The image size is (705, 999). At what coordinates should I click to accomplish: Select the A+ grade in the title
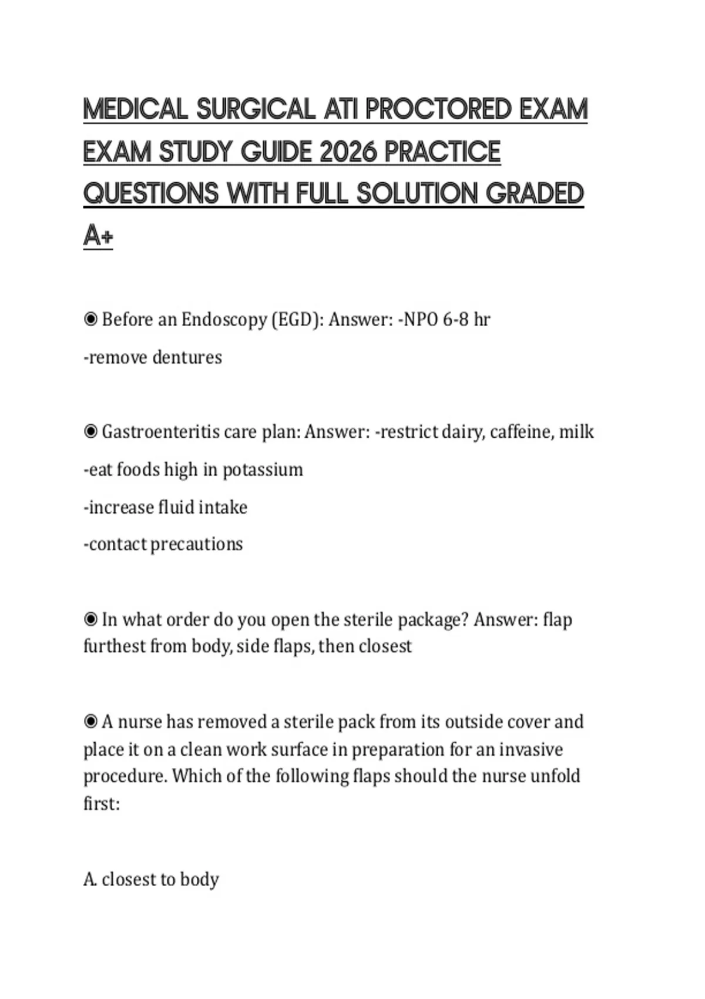tap(98, 236)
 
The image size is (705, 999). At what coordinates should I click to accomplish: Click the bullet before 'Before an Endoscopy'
tap(90, 319)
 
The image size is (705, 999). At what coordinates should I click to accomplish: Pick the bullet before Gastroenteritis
tap(90, 432)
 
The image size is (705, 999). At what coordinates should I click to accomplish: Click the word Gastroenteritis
tap(159, 432)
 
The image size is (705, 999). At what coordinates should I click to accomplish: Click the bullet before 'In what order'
tap(90, 619)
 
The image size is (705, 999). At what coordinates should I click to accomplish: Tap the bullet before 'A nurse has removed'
tap(90, 721)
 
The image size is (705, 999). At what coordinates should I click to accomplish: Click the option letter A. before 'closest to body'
tap(90, 879)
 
